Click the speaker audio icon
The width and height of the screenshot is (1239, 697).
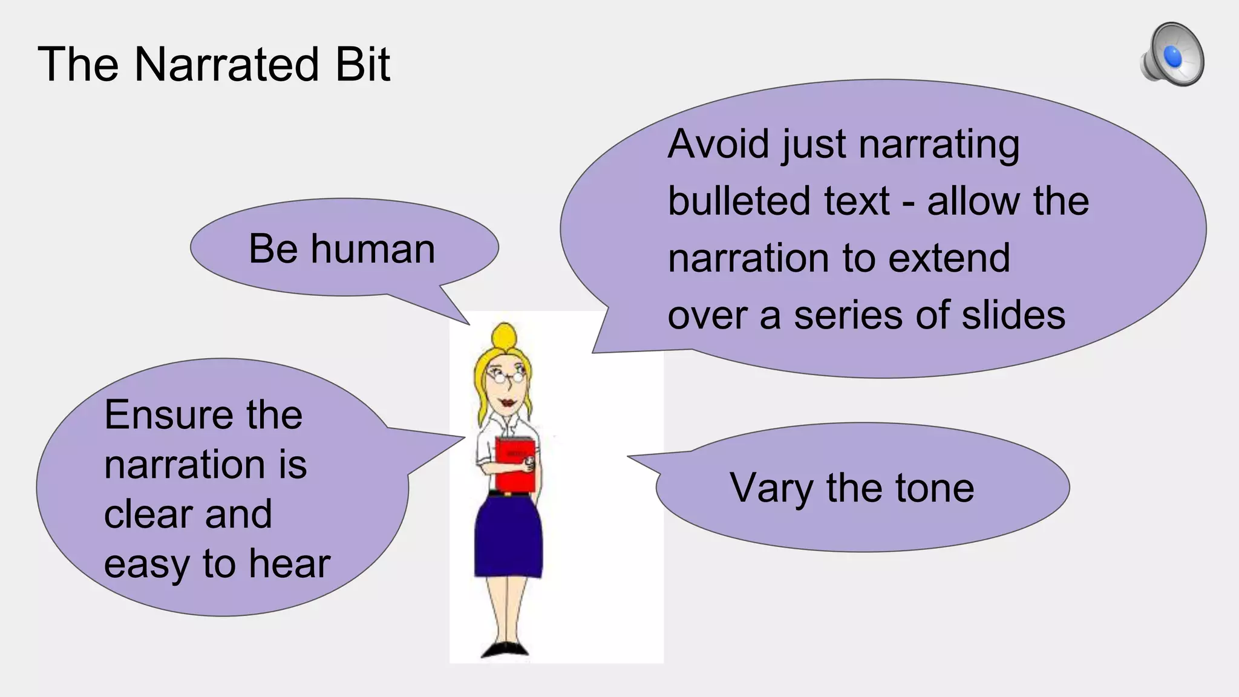point(1172,55)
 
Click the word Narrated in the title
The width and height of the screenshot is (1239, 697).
point(227,64)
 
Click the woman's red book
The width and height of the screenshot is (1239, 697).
point(515,465)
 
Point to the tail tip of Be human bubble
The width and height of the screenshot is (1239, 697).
point(469,324)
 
